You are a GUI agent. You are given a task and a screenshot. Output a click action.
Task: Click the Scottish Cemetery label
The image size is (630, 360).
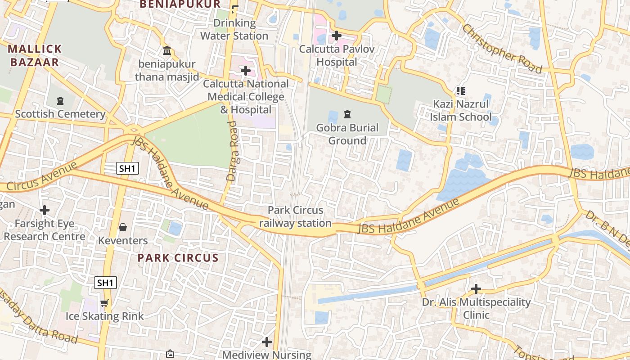coord(60,114)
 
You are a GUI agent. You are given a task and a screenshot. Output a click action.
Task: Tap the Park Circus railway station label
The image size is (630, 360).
coord(295,216)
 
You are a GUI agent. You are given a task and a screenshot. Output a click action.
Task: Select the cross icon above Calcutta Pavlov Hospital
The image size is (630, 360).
coord(336,35)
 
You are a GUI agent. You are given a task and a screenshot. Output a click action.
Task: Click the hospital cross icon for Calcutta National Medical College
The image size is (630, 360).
coord(245,71)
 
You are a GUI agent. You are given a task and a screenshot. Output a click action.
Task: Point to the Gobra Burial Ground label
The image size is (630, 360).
coord(347,134)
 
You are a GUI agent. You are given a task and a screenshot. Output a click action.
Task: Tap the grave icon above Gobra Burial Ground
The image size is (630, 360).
coord(347,114)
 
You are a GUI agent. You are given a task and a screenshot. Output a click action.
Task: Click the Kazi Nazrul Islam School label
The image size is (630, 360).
coord(460,111)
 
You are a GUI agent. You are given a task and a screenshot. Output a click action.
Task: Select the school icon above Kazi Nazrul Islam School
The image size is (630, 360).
coord(460,91)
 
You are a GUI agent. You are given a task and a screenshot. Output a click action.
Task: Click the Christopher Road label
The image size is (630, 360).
coord(502,48)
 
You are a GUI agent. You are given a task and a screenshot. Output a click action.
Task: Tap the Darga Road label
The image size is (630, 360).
coord(233,151)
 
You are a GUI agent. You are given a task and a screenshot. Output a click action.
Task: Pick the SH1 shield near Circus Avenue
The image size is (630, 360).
coord(127,169)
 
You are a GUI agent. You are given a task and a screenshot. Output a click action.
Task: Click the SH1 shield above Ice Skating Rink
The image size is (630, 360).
coord(105,283)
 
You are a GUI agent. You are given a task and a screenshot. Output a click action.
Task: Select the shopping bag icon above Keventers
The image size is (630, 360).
coord(122,227)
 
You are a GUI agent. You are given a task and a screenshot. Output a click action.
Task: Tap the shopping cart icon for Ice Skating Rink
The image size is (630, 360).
coord(104,303)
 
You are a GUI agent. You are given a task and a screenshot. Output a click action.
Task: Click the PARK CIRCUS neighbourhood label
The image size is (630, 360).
coord(178,258)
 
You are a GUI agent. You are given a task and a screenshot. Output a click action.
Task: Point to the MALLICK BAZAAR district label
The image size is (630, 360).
coord(35,55)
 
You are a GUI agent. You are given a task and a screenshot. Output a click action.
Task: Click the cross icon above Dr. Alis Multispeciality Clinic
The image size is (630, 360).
coord(476,289)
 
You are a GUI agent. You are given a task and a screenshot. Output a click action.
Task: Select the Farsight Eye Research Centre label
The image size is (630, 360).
coord(44,230)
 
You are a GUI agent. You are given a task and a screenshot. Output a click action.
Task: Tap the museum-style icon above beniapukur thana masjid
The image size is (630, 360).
coord(167,51)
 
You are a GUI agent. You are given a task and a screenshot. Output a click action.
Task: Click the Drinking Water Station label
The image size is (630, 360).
coord(234,29)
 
